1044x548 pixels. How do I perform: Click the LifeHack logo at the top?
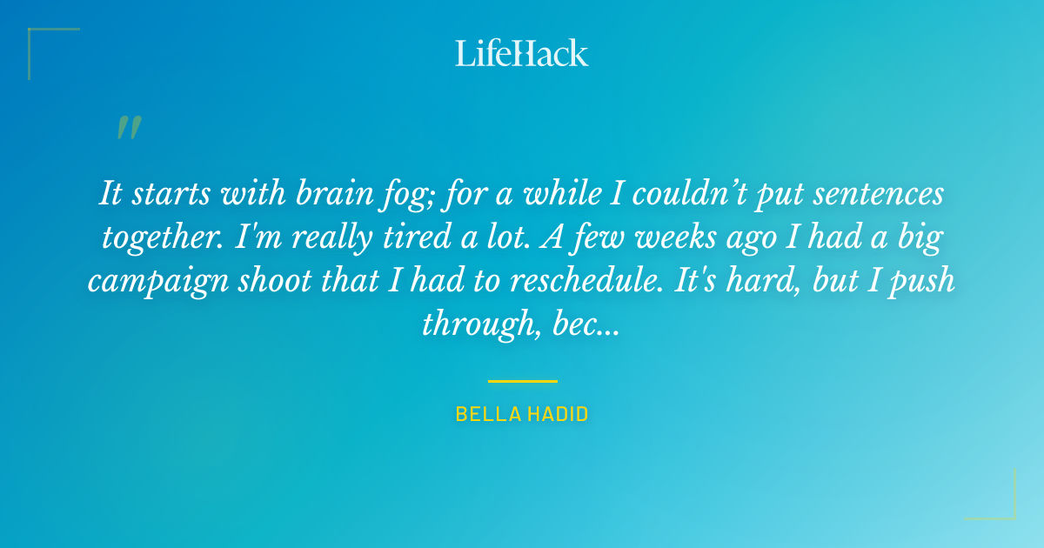pos(522,53)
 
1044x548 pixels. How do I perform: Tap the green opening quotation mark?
pos(128,128)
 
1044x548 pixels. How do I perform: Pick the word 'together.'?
pos(163,237)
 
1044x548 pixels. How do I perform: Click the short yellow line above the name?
pos(522,381)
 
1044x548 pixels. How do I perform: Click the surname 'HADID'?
pos(557,414)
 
